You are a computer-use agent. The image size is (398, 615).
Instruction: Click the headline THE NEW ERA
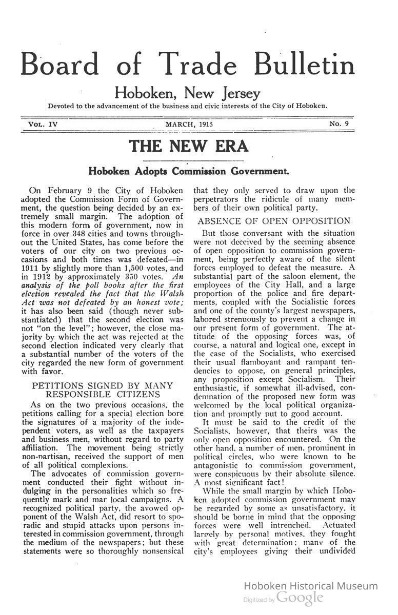click(x=189, y=146)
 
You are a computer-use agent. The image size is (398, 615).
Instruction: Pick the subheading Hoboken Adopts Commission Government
click(x=189, y=170)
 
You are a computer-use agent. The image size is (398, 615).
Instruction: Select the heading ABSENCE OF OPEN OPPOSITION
click(x=274, y=221)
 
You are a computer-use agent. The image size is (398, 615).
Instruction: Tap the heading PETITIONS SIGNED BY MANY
click(x=103, y=385)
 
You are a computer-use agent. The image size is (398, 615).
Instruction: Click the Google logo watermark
click(x=300, y=598)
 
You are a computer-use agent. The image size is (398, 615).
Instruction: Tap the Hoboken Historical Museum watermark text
click(x=310, y=586)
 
